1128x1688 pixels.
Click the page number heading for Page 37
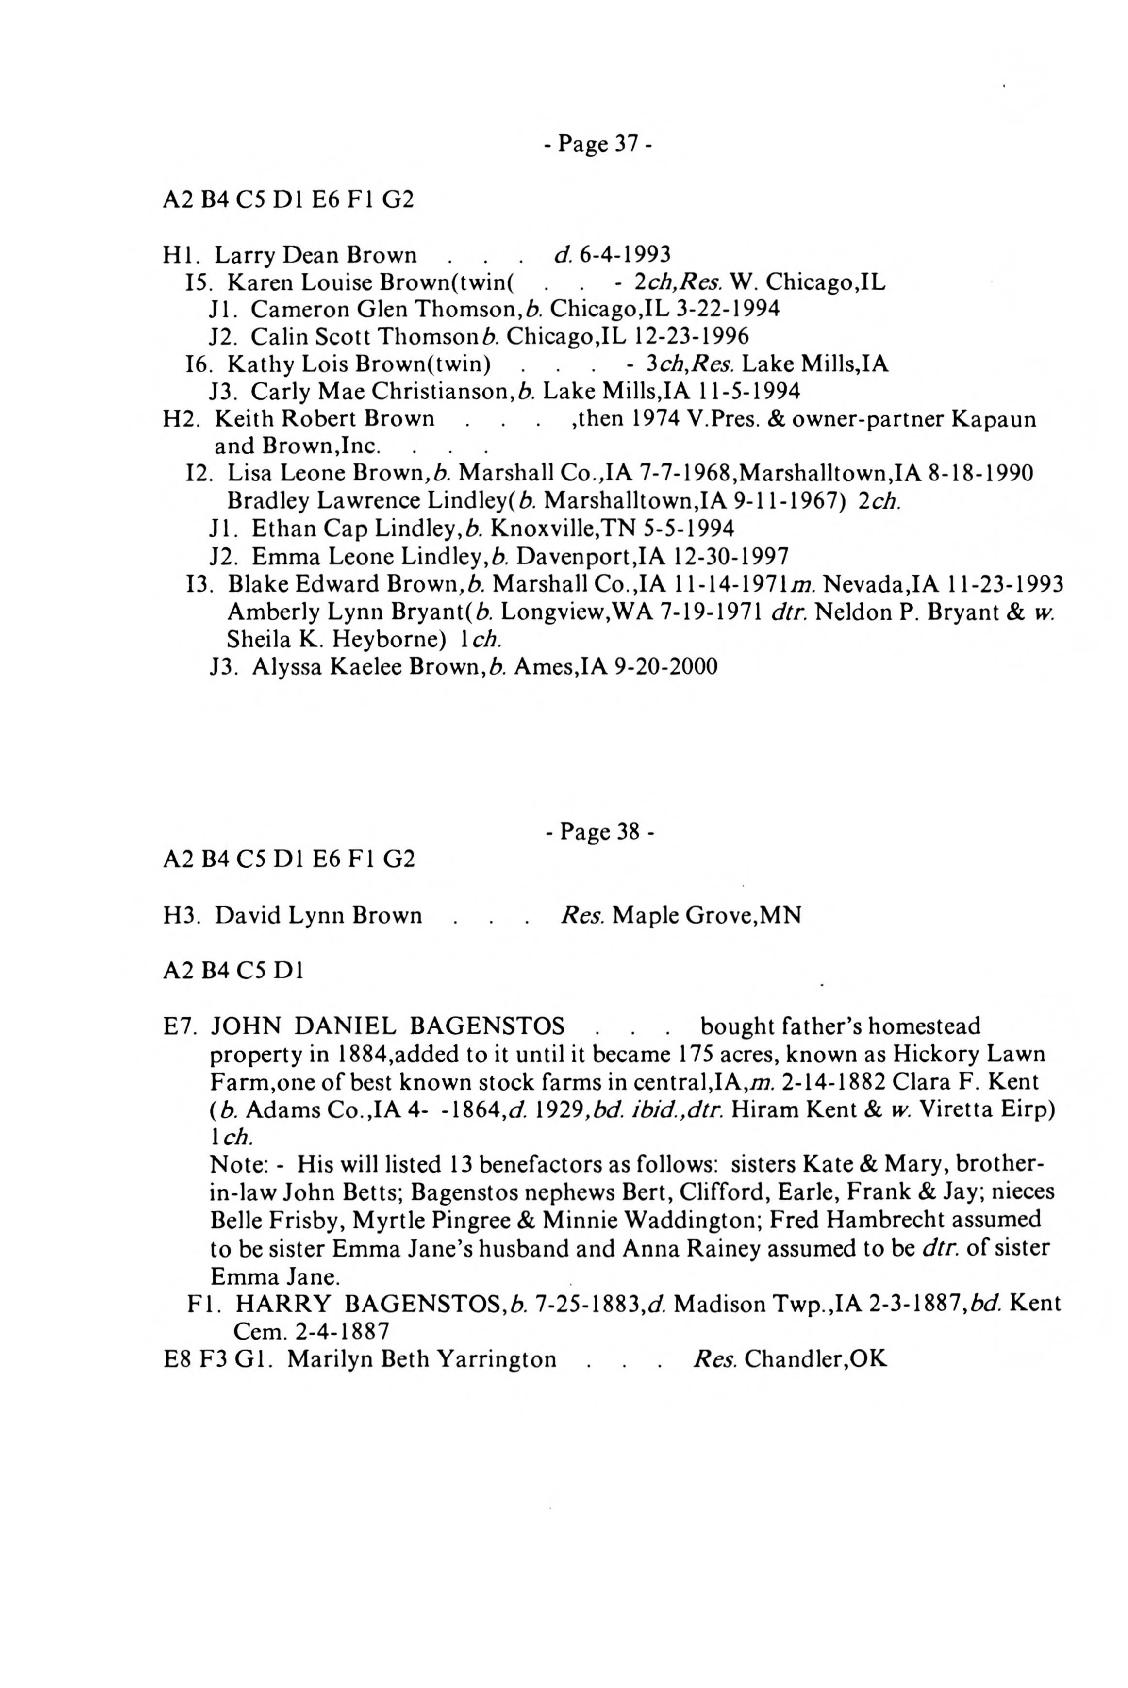[598, 145]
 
